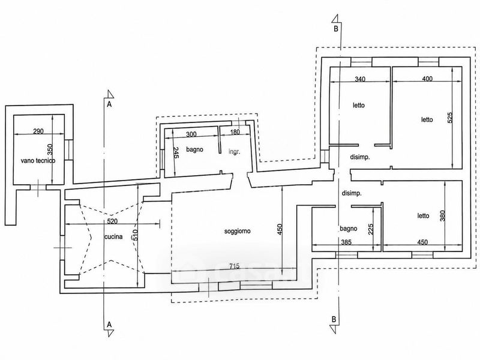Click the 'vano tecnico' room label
point(38,160)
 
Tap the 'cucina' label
point(113,236)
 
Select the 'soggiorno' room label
point(238,231)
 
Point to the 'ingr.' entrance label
point(235,152)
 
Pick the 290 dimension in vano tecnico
point(38,131)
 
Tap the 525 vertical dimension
point(449,118)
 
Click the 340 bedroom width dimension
point(360,79)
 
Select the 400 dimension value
point(427,79)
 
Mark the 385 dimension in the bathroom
point(346,242)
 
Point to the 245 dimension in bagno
point(176,152)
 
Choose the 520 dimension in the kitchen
point(112,221)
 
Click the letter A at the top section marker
point(109,104)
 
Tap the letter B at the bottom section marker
point(334,319)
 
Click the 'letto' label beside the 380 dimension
point(424,216)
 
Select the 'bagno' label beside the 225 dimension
point(349,229)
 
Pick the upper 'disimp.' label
point(359,157)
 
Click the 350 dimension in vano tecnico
point(50,149)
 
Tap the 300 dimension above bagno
point(191,134)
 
